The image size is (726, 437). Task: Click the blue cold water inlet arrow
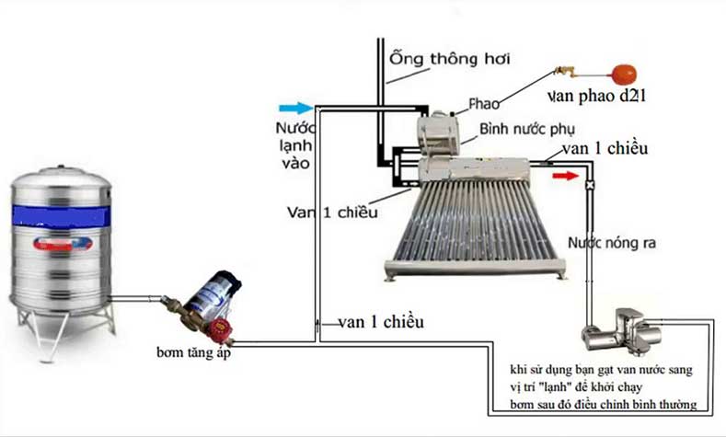300,107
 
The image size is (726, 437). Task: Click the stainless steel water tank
60,244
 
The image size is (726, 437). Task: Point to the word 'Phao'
483,103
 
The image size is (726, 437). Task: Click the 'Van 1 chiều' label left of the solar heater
332,213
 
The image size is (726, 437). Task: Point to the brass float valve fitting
563,70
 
